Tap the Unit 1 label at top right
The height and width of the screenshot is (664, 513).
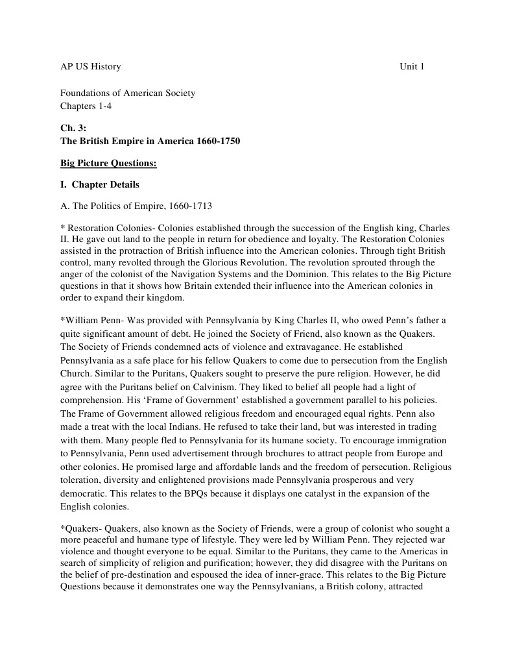click(412, 67)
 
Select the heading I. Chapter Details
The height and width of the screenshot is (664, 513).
click(99, 185)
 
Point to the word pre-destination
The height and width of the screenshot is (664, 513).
click(136, 575)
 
